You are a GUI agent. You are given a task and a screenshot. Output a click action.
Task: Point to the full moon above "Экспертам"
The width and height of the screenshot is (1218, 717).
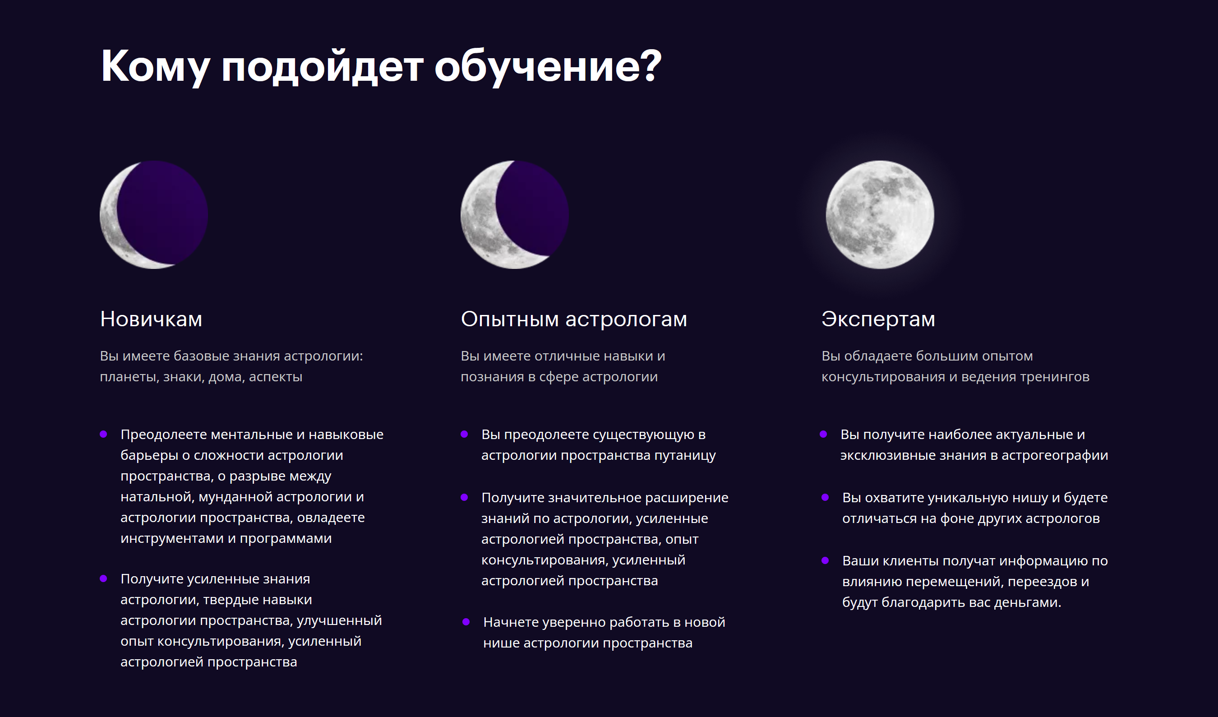point(880,215)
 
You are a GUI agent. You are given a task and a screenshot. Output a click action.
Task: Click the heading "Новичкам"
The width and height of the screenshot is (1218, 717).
point(151,319)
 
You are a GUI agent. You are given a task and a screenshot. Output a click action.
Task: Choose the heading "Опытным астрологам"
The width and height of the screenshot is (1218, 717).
point(574,319)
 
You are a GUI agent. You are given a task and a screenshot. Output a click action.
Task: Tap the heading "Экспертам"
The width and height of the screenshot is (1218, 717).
point(878,319)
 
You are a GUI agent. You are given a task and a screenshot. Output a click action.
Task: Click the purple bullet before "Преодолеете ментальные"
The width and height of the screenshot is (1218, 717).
point(103,434)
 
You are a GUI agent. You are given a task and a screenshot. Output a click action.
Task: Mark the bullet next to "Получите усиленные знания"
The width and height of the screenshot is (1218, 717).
point(103,579)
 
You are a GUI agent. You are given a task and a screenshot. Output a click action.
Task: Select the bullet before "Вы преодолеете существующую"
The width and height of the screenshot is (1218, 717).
point(465,434)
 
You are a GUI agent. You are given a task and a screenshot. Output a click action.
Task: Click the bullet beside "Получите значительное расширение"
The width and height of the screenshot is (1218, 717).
point(465,498)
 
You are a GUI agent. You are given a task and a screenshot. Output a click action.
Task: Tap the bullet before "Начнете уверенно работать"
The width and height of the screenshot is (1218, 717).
point(466,622)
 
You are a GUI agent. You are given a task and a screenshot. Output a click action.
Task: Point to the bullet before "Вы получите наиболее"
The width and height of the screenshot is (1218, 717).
point(824,434)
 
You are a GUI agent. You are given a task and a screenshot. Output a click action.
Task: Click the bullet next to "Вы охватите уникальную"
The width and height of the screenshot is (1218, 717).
point(825,498)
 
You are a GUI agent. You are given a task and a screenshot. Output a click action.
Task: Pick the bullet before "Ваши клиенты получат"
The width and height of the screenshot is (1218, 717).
point(825,560)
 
